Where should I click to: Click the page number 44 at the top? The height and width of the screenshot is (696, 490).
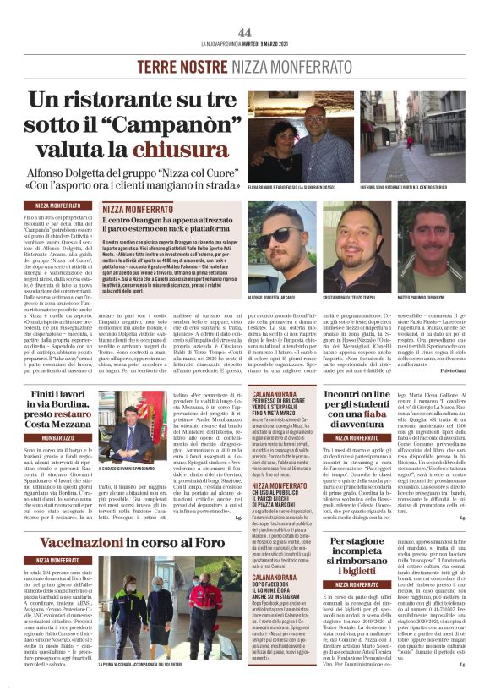(x=245, y=32)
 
